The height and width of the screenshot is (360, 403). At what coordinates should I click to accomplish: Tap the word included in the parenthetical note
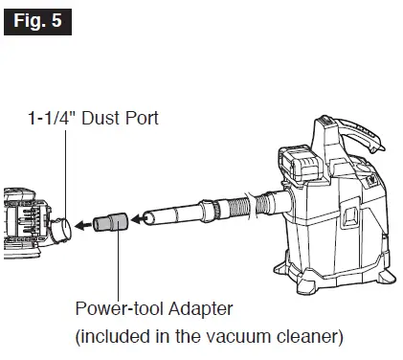(115, 337)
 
